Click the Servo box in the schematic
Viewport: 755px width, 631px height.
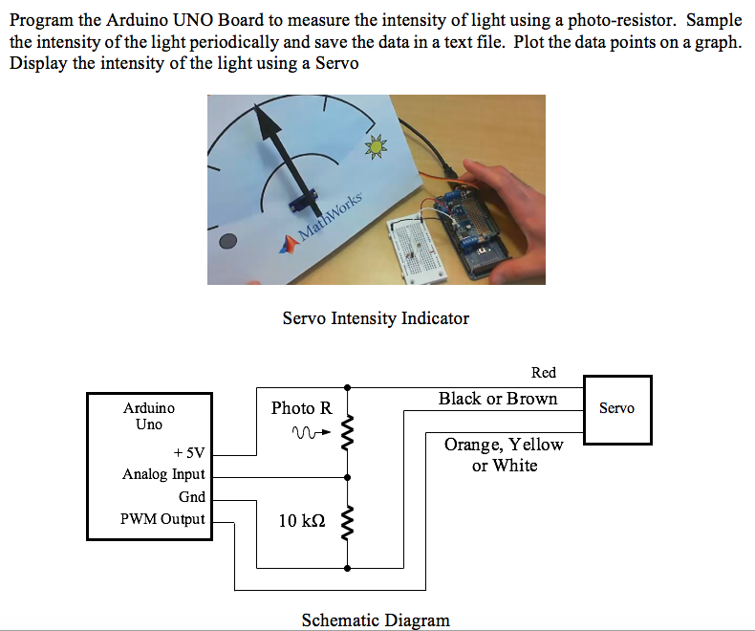pos(617,409)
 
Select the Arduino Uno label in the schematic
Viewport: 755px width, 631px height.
pos(149,416)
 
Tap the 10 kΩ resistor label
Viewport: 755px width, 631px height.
pos(302,521)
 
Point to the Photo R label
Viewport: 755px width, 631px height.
pos(301,408)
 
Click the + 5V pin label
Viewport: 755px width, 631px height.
pos(188,452)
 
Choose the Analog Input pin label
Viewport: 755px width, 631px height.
pos(163,474)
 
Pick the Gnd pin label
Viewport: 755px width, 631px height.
pos(191,497)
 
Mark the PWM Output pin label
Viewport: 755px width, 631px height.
pos(162,519)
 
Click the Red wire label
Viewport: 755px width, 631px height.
pos(543,373)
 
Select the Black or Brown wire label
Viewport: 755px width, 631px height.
pos(498,399)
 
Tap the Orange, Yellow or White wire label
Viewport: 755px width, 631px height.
pos(504,455)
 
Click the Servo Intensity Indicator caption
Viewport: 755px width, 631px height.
pos(376,318)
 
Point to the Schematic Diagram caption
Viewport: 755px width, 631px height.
pos(376,620)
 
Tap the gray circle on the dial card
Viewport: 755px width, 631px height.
pos(227,242)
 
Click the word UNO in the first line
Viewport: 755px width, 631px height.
pos(195,20)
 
